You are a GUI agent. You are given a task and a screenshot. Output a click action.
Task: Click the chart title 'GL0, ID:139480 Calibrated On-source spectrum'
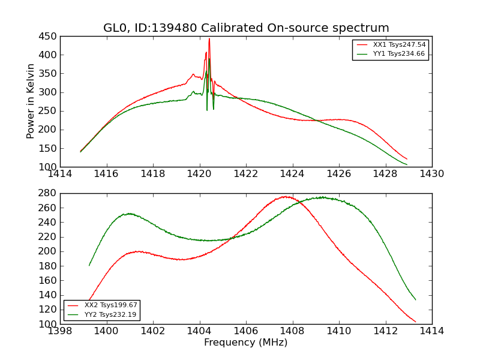(x=246, y=28)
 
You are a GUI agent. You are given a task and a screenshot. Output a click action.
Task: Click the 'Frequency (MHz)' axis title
(x=246, y=343)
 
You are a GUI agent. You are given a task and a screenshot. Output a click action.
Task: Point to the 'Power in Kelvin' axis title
(x=31, y=101)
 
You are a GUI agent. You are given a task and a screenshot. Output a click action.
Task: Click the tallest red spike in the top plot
(x=209, y=40)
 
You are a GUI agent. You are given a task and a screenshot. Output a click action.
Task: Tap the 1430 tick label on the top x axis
(x=431, y=173)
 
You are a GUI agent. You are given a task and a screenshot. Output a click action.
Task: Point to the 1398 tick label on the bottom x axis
(x=60, y=331)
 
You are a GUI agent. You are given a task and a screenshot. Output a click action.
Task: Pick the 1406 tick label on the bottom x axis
(x=245, y=331)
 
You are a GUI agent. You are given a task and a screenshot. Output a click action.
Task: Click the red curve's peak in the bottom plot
(x=286, y=197)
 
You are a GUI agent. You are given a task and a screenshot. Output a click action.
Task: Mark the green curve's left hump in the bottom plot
(x=128, y=214)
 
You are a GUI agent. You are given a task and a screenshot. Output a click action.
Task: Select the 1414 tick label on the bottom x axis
(x=431, y=331)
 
